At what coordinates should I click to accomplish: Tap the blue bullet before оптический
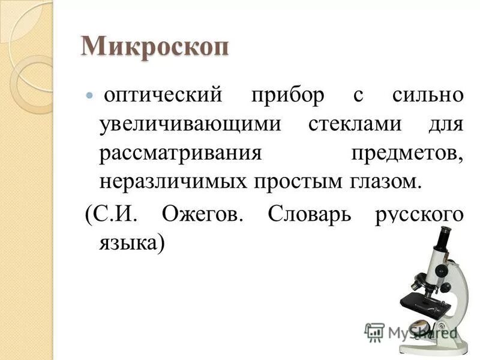coord(91,95)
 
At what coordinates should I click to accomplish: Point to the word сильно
coord(427,95)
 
